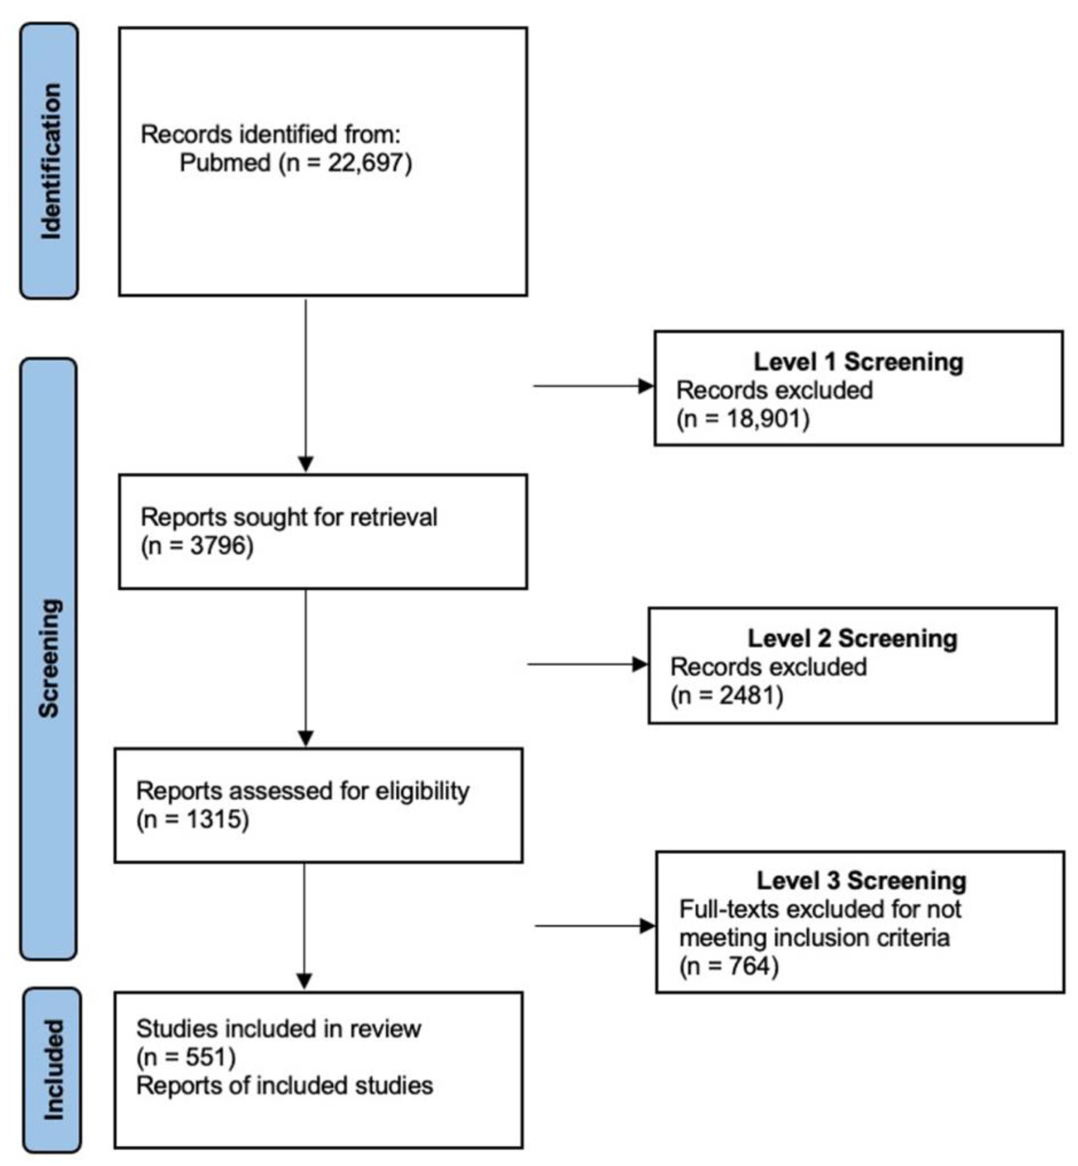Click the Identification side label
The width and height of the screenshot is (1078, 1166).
pyautogui.click(x=50, y=161)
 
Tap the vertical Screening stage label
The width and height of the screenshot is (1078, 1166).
pyautogui.click(x=49, y=657)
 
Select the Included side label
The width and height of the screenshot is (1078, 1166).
pyautogui.click(x=53, y=1069)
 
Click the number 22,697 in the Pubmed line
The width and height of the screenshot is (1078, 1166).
pyautogui.click(x=365, y=163)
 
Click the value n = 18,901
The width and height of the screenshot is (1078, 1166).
pyautogui.click(x=743, y=419)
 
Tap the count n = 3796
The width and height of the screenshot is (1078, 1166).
pyautogui.click(x=197, y=545)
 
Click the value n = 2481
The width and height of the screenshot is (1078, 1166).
pyautogui.click(x=726, y=695)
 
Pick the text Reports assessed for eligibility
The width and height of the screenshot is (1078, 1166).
pyautogui.click(x=302, y=791)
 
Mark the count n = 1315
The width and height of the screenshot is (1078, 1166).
pyautogui.click(x=192, y=820)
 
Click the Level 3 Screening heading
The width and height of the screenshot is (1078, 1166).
pyautogui.click(x=861, y=881)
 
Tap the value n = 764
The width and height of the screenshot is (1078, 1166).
pyautogui.click(x=729, y=966)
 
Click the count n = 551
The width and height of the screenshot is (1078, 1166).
pyautogui.click(x=185, y=1057)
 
